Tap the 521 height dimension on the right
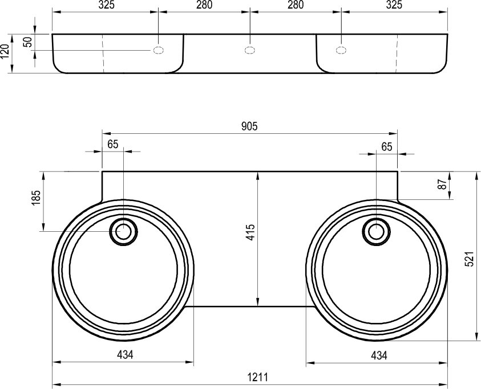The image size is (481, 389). (468, 260)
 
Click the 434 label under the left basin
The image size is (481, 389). (125, 355)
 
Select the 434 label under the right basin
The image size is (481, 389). (379, 355)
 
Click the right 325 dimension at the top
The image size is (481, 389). (394, 5)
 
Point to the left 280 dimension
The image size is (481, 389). (204, 5)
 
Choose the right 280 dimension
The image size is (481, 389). (295, 5)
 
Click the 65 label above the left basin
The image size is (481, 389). (112, 144)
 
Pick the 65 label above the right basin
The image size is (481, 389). (387, 146)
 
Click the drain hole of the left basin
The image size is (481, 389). (123, 231)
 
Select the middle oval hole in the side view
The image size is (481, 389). (249, 51)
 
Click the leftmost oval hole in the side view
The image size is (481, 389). (158, 51)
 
